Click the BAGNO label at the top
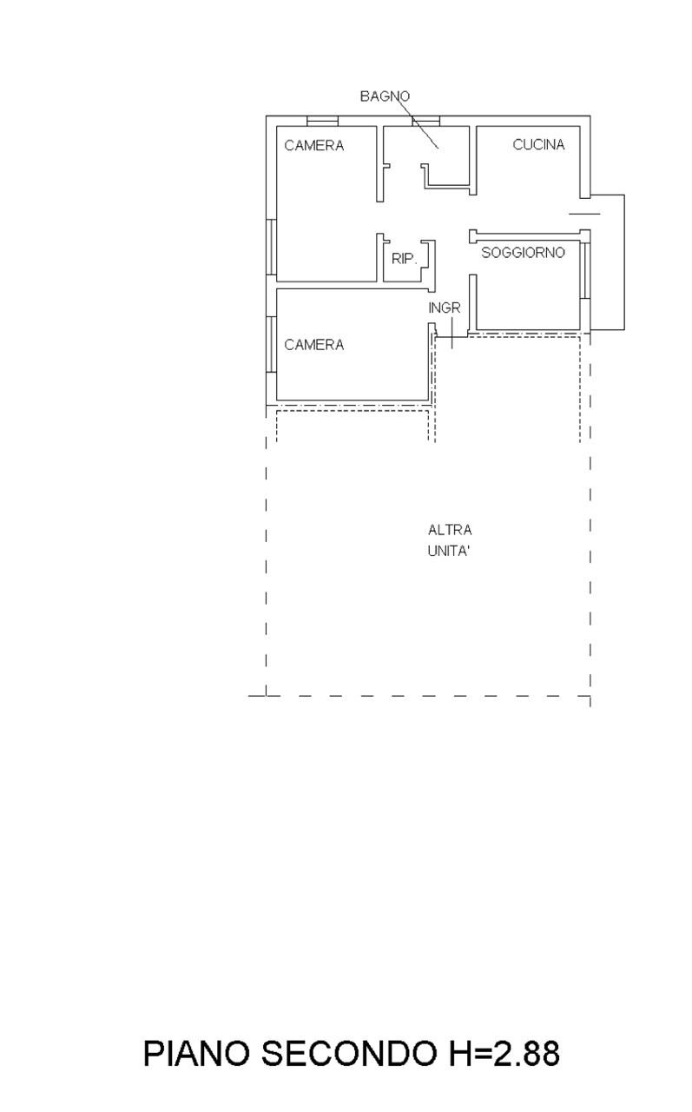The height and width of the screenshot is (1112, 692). click(x=385, y=96)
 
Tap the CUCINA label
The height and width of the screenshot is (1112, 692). click(x=538, y=144)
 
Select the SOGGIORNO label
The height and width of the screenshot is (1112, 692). click(x=523, y=253)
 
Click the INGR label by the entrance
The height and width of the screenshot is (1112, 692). click(x=445, y=308)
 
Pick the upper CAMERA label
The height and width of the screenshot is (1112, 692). click(x=314, y=145)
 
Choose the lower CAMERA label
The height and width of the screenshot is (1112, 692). click(x=314, y=345)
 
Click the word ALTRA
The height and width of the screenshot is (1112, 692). click(x=450, y=530)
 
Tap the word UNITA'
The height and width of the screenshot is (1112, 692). click(x=448, y=552)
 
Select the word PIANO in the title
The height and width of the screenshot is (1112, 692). click(x=196, y=1054)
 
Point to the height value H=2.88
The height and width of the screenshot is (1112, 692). click(x=504, y=1054)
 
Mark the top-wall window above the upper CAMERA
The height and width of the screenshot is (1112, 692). click(x=322, y=121)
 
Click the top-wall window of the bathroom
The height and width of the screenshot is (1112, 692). click(x=425, y=121)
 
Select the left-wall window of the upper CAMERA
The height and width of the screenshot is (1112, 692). click(x=272, y=248)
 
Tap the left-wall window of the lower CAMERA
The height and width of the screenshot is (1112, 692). click(x=272, y=345)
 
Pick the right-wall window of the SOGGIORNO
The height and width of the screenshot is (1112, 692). click(x=585, y=270)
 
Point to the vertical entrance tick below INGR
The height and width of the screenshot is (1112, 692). click(x=451, y=333)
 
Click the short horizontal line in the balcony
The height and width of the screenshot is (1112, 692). click(x=584, y=214)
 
